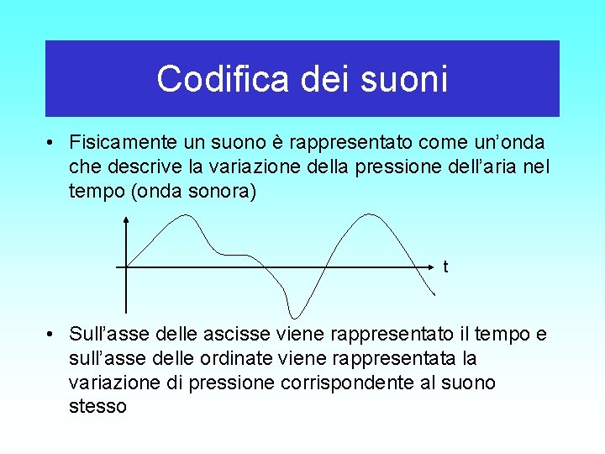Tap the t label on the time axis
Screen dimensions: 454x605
pos(445,268)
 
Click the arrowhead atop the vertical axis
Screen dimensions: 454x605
pos(126,219)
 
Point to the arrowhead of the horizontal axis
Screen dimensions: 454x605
pos(434,267)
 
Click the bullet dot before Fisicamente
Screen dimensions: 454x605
pos(52,142)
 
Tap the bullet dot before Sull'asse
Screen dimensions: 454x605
pos(52,335)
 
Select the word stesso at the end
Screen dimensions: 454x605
pos(97,408)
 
